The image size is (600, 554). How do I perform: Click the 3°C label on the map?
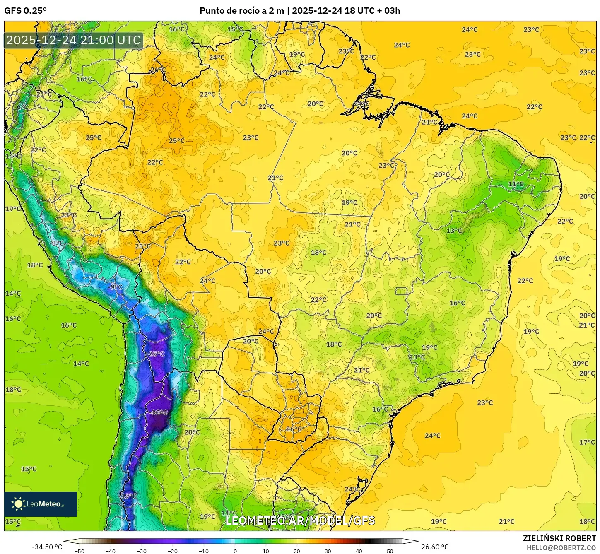pyautogui.click(x=58, y=243)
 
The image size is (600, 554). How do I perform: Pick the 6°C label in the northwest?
pyautogui.click(x=22, y=107)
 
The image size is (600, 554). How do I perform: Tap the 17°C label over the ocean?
pyautogui.click(x=587, y=442)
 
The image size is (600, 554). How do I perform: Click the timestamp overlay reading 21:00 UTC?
pyautogui.click(x=73, y=41)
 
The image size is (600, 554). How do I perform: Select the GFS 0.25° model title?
pyautogui.click(x=26, y=11)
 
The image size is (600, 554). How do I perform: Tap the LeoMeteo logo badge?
pyautogui.click(x=41, y=504)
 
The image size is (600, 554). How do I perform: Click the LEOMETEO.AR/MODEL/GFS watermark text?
pyautogui.click(x=300, y=520)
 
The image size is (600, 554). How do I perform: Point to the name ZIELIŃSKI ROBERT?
pyautogui.click(x=559, y=539)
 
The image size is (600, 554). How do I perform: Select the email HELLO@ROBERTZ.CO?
pyautogui.click(x=561, y=548)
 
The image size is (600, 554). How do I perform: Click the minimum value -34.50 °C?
pyautogui.click(x=47, y=547)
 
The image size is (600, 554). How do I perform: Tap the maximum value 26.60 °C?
pyautogui.click(x=435, y=547)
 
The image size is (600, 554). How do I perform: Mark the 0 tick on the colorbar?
pyautogui.click(x=235, y=551)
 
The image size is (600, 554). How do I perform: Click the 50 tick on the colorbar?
pyautogui.click(x=390, y=551)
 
